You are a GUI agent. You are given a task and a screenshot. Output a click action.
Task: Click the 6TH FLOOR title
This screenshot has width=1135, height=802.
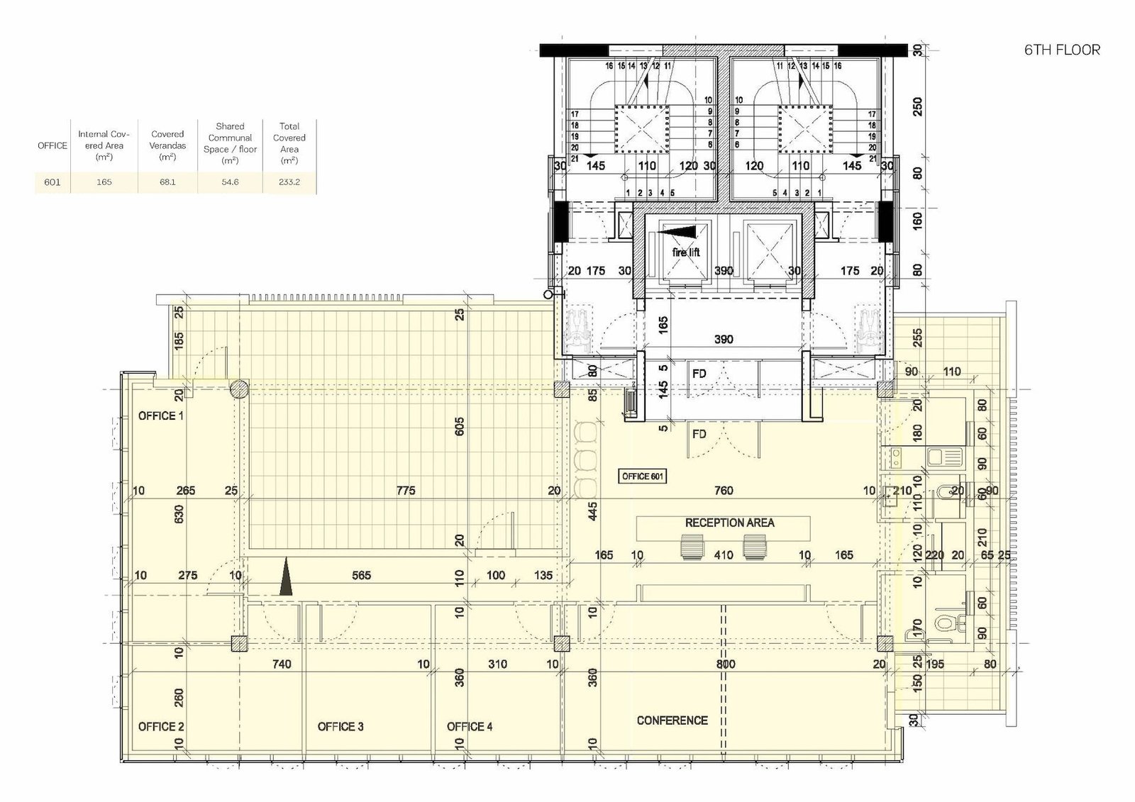click(x=1062, y=50)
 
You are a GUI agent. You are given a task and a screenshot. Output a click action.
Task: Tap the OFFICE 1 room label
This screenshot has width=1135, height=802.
click(x=160, y=416)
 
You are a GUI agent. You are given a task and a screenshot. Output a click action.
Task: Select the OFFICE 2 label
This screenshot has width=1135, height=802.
click(x=161, y=727)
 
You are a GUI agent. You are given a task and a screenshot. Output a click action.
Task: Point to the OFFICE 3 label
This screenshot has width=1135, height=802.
click(x=340, y=727)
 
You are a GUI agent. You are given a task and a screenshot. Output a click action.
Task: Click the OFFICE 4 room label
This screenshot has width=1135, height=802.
click(x=469, y=727)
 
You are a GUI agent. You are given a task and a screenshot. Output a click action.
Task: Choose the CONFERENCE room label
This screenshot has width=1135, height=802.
click(x=672, y=720)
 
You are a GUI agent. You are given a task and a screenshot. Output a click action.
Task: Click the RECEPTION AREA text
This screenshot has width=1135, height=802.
click(x=730, y=523)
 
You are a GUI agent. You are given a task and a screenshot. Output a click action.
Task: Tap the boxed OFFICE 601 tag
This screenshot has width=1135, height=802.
click(x=643, y=477)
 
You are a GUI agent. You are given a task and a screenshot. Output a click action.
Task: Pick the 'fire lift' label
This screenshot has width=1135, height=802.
click(x=686, y=252)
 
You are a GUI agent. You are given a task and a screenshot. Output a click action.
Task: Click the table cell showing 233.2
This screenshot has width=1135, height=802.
click(x=289, y=182)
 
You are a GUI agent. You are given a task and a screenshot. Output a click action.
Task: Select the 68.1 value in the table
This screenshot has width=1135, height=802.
click(x=167, y=182)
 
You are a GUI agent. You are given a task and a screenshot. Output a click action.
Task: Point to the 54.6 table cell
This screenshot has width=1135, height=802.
click(x=230, y=182)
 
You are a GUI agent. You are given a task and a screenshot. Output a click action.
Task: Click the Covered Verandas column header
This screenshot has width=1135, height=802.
click(x=167, y=145)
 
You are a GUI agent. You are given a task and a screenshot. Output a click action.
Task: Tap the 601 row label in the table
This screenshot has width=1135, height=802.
click(x=52, y=182)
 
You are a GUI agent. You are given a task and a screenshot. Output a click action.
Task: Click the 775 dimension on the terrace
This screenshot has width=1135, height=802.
click(x=406, y=491)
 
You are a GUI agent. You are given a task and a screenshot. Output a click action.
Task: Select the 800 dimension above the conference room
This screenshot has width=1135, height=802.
click(x=726, y=664)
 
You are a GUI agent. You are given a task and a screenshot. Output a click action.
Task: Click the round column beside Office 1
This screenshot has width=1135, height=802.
click(x=238, y=389)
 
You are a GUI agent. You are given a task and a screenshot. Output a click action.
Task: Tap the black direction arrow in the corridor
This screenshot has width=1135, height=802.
click(x=287, y=576)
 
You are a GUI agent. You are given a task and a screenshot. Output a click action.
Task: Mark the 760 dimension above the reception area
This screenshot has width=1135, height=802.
click(x=724, y=491)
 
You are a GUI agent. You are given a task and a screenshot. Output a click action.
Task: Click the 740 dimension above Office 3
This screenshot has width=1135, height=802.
click(x=282, y=664)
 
